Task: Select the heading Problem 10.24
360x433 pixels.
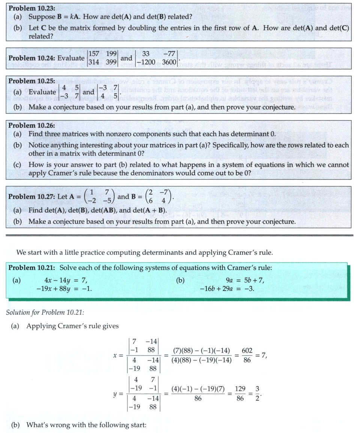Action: click(x=46, y=58)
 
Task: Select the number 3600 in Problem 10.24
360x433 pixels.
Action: click(x=169, y=62)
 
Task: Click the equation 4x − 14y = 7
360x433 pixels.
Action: click(x=66, y=280)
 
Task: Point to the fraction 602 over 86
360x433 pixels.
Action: click(x=247, y=355)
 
